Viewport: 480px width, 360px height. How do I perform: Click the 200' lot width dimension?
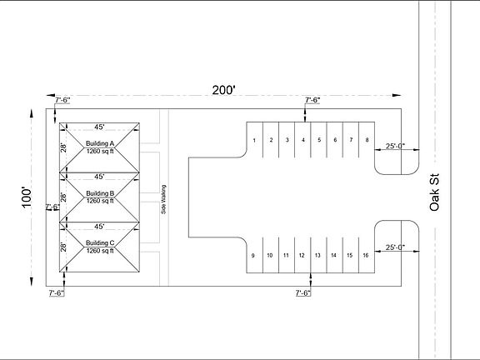pyautogui.click(x=224, y=90)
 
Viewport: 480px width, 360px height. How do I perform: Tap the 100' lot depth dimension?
pyautogui.click(x=27, y=197)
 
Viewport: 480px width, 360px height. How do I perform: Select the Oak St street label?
pyautogui.click(x=434, y=192)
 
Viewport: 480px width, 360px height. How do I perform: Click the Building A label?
pyautogui.click(x=100, y=143)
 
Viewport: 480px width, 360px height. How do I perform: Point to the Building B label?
pyautogui.click(x=100, y=193)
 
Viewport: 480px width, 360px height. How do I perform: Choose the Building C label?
pyautogui.click(x=100, y=242)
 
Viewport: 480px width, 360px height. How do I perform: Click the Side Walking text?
pyautogui.click(x=163, y=199)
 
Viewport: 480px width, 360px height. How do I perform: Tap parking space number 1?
pyautogui.click(x=254, y=141)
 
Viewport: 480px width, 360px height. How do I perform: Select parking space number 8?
pyautogui.click(x=367, y=140)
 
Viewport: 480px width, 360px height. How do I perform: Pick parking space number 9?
pyautogui.click(x=252, y=255)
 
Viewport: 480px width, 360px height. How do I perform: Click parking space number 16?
pyautogui.click(x=366, y=255)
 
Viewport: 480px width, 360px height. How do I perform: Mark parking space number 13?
pyautogui.click(x=317, y=255)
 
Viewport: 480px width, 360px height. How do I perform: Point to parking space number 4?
pyautogui.click(x=303, y=140)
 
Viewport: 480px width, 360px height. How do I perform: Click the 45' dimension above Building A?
pyautogui.click(x=99, y=127)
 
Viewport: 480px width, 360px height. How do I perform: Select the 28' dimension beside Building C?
pyautogui.click(x=63, y=247)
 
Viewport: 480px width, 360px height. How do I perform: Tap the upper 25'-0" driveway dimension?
pyautogui.click(x=395, y=146)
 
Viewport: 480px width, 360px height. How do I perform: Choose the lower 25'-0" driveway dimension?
pyautogui.click(x=395, y=247)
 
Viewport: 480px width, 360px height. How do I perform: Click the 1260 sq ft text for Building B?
pyautogui.click(x=100, y=201)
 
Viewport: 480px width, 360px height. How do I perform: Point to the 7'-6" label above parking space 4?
pyautogui.click(x=312, y=100)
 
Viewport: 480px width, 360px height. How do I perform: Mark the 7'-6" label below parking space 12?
pyautogui.click(x=303, y=293)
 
